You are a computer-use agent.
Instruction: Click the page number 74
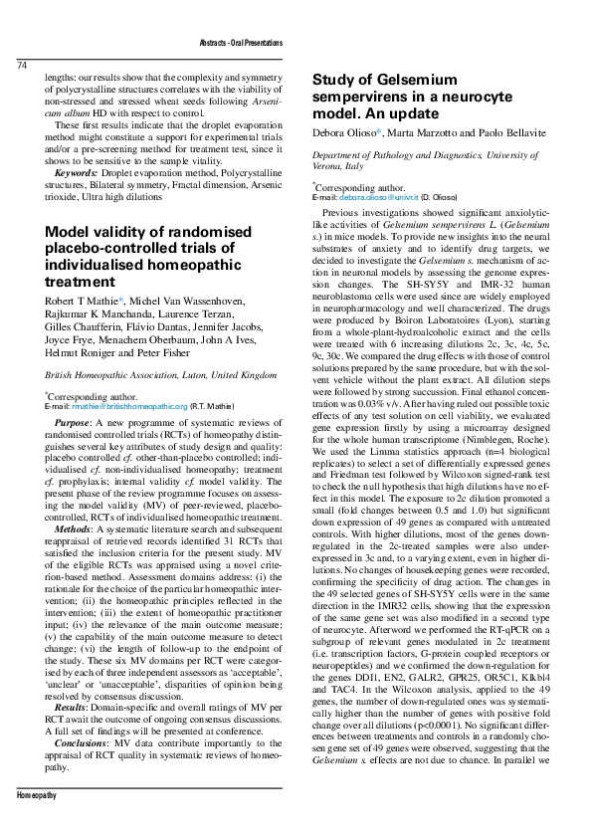click(x=22, y=66)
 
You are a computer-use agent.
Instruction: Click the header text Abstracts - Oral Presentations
click(x=243, y=45)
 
